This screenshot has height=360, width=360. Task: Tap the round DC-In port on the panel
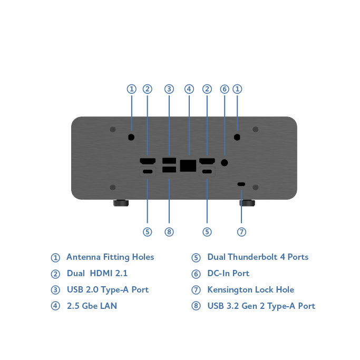pos(225,163)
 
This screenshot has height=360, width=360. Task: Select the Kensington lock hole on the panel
pos(241,184)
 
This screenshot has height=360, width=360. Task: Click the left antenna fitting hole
pos(131,137)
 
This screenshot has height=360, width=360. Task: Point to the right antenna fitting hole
pos(237,137)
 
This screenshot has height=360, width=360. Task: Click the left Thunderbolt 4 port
pos(148,172)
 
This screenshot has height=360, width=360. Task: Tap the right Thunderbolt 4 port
pos(207,172)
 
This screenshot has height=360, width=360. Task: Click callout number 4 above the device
pos(189,89)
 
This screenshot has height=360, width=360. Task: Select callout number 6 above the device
pos(225,89)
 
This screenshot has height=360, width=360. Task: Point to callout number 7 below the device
pos(241,232)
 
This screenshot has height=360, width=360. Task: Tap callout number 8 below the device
pos(169,232)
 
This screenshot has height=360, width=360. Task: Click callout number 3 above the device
pos(169,89)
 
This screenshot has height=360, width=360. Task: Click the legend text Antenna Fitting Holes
pos(110,257)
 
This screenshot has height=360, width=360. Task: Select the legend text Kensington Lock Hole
pos(250,290)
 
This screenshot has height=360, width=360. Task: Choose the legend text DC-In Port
pos(228,274)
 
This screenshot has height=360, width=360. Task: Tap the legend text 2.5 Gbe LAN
pos(92,306)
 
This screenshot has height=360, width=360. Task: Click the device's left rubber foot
pos(120,202)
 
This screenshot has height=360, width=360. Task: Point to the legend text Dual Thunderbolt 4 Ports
pos(258,257)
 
